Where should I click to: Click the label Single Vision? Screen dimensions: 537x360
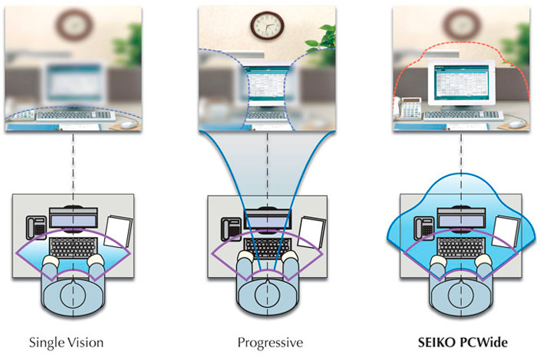coord(66,342)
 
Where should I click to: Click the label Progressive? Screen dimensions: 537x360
coord(270,342)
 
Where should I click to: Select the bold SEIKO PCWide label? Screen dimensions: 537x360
coord(463,342)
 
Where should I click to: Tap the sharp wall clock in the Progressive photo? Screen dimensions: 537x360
coord(267,26)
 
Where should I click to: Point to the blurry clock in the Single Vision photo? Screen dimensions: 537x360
coord(74,25)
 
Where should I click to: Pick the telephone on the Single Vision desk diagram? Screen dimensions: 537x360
coord(36,228)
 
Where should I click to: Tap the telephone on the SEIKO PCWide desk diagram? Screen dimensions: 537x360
coord(424,228)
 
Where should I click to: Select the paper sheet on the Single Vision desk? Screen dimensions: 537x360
coord(118,231)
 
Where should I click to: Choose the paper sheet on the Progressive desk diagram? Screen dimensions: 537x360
coord(312,232)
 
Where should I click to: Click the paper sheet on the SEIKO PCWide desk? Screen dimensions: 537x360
coord(506,231)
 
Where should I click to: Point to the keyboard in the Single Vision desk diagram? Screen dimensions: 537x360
coord(73,248)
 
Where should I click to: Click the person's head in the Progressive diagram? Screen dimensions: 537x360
coord(268,295)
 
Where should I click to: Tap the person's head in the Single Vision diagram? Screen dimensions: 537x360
coord(73,294)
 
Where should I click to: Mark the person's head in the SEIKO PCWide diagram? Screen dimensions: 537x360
coord(460,294)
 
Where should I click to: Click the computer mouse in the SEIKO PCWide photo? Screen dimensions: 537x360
coord(516,125)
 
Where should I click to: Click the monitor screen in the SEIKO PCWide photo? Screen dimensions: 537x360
coord(461,83)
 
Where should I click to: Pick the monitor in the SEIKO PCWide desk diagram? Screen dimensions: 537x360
coord(461,218)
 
